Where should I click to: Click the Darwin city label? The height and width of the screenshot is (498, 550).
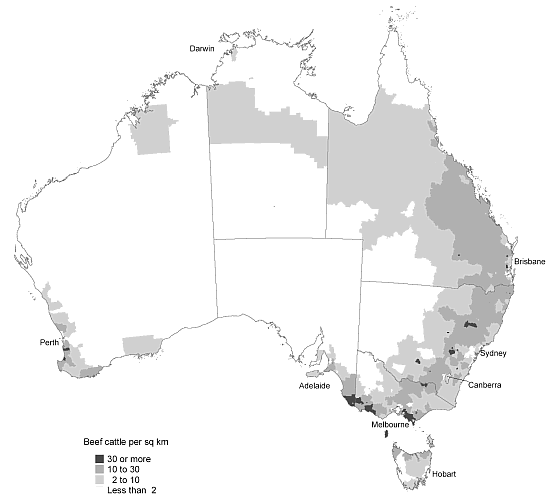tap(206, 48)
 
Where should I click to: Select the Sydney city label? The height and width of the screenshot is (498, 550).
tap(494, 353)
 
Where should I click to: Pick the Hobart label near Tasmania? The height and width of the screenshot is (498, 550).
tap(443, 473)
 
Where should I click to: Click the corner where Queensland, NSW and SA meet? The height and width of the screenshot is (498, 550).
tap(361, 281)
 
